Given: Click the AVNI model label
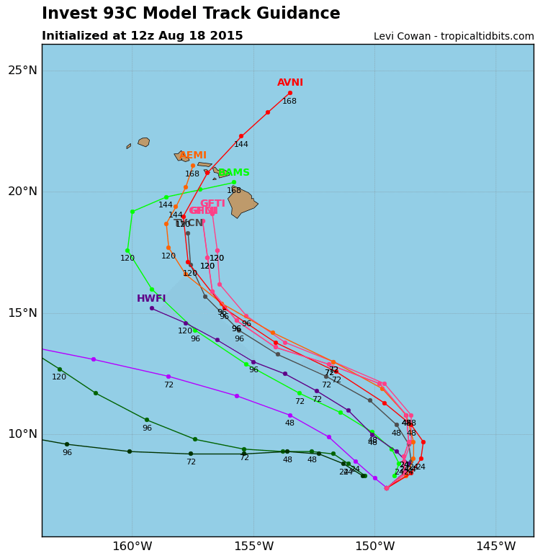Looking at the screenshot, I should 290,83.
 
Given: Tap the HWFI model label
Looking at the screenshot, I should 151,299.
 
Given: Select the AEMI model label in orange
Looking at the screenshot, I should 193,156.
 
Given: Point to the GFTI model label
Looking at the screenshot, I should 212,204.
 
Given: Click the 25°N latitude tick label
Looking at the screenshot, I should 22,71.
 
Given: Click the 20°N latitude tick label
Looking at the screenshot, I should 22,192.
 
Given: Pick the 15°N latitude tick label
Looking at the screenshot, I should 22,313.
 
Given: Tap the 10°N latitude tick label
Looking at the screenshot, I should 22,433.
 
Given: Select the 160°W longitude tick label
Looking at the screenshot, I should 132,546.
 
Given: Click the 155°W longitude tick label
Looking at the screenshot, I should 253,546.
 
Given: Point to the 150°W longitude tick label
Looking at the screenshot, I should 374,546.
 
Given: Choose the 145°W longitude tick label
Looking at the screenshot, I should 495,546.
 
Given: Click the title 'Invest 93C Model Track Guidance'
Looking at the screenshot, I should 191,14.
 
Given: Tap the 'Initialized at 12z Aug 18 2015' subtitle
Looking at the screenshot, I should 142,36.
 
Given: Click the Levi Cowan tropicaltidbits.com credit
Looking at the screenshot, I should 454,37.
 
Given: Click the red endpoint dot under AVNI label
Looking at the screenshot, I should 290,93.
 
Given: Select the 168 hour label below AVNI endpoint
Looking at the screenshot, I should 289,102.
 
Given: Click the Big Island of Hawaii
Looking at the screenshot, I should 242,202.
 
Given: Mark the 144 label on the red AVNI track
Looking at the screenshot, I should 240,145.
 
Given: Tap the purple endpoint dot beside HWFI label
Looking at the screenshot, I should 152,308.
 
